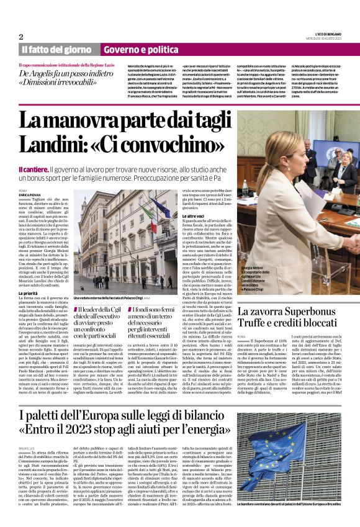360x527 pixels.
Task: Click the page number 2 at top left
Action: click(20, 37)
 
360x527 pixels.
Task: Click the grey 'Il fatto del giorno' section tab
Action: click(58, 49)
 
